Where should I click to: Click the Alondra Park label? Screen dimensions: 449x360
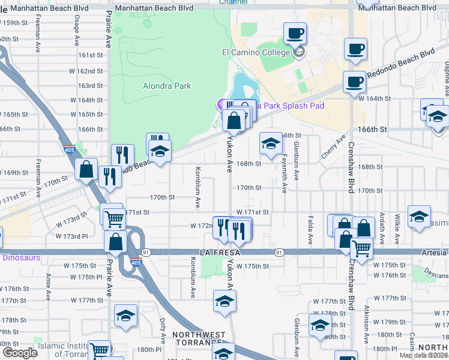[x=167, y=86]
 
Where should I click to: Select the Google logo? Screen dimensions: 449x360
[x=19, y=353]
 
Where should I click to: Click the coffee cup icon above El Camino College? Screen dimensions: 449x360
[x=295, y=34]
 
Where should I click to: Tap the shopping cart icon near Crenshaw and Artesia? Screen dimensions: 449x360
[x=361, y=248]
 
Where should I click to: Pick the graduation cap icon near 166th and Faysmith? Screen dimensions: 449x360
[x=271, y=144]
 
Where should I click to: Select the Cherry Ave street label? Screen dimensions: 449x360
[x=334, y=146]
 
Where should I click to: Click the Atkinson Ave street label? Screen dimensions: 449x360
[x=366, y=324]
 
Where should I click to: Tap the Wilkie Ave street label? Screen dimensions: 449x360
[x=397, y=230]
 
